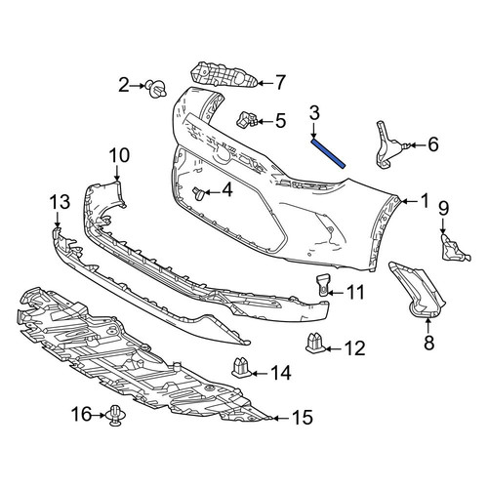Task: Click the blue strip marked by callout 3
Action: coord(328,153)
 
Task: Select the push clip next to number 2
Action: coord(155,88)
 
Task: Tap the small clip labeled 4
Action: coord(197,193)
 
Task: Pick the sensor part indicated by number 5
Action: coord(246,120)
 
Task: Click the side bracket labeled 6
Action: coord(389,144)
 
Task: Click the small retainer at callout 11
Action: coord(323,285)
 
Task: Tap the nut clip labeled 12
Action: coord(315,344)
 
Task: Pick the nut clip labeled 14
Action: coord(241,368)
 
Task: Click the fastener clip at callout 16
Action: coord(114,416)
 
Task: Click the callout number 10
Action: coord(119,155)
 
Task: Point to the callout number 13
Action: coord(60,201)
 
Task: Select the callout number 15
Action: coord(303,418)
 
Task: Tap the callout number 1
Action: coord(425,201)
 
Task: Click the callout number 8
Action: coord(429,342)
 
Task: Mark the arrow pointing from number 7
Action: coord(264,84)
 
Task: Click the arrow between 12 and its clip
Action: coord(332,349)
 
